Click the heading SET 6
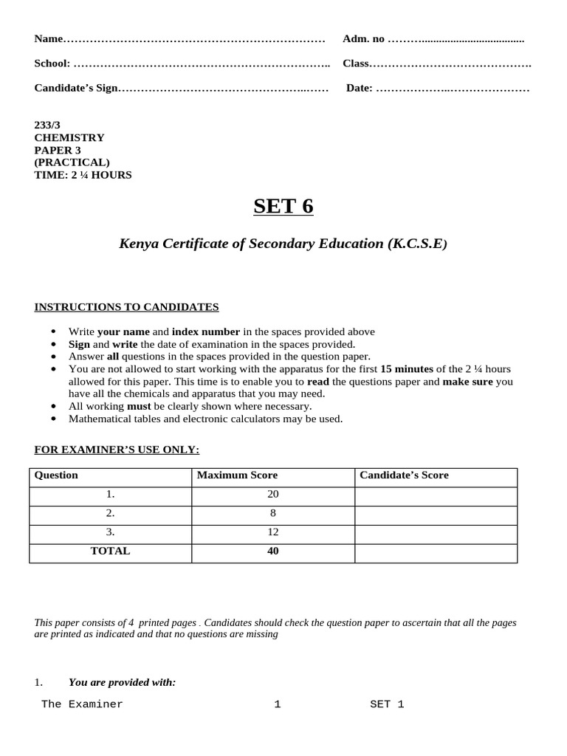point(283,206)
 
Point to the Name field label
point(49,38)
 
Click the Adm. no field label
point(363,38)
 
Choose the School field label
point(52,63)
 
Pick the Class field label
point(356,63)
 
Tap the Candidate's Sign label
point(76,89)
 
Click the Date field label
point(360,89)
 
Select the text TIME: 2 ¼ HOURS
point(83,175)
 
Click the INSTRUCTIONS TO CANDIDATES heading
point(127,307)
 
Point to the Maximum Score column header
point(237,475)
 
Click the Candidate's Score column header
point(404,475)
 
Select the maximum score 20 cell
point(273,494)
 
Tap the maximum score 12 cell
point(273,532)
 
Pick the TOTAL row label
point(110,551)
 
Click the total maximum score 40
point(273,551)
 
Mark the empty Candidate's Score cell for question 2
point(436,513)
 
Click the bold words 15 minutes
point(407,368)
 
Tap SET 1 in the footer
point(387,704)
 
